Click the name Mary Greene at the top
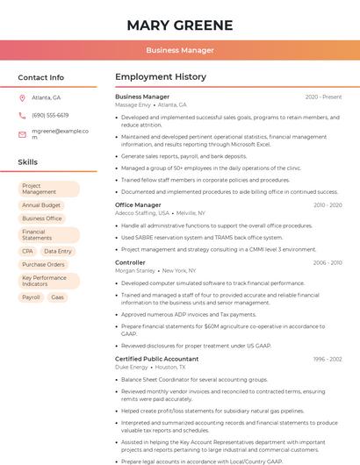180,25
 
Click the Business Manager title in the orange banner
180,50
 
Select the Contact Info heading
40,77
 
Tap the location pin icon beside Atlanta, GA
22,97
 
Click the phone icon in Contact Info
22,115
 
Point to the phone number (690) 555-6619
50,115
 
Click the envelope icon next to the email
22,134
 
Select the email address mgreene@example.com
61,133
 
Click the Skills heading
28,162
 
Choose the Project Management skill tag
48,189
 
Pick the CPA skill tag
27,251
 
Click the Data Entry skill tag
58,251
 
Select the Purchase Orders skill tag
43,264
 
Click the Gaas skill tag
57,297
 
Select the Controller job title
130,262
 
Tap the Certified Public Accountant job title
157,359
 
